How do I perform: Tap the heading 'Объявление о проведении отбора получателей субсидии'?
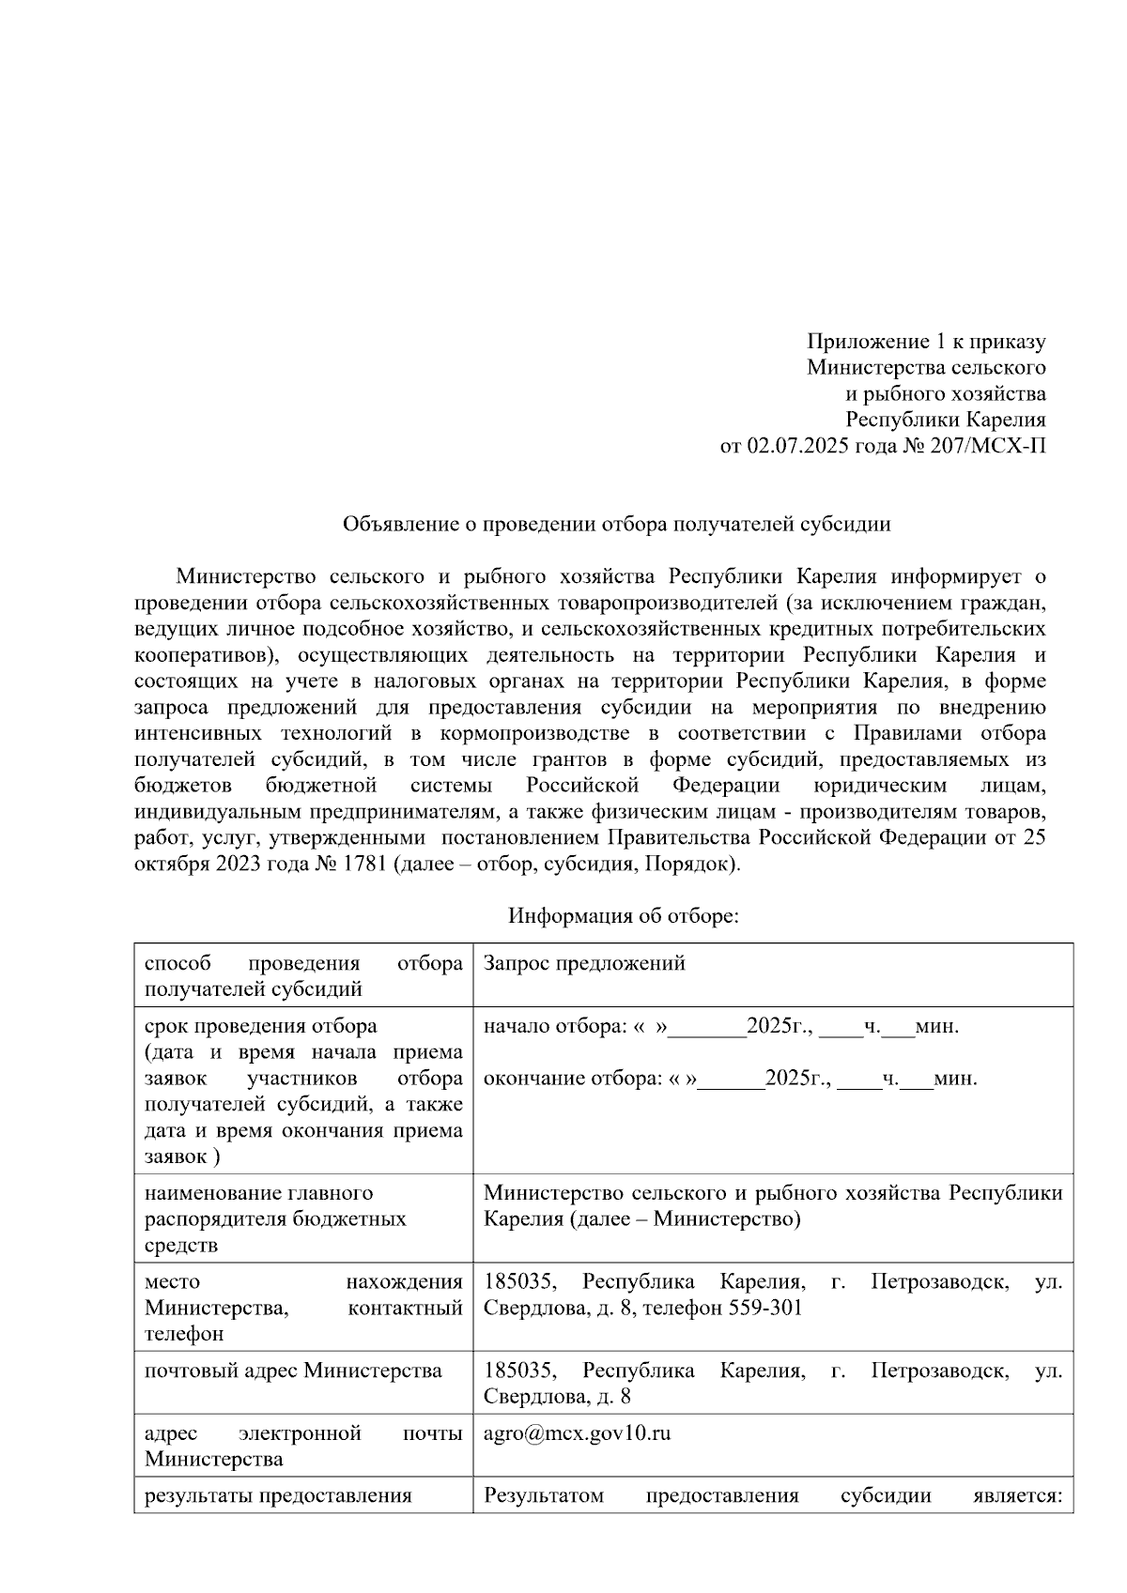(x=616, y=525)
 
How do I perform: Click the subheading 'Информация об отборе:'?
(x=624, y=915)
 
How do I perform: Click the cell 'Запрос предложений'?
(x=583, y=963)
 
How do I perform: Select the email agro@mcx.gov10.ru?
(x=577, y=1433)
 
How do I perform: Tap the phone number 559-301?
(x=764, y=1308)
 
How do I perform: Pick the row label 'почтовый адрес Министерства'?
(x=293, y=1371)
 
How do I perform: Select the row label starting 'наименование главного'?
(x=258, y=1193)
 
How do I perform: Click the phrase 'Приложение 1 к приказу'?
(x=926, y=342)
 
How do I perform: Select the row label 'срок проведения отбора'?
(x=260, y=1026)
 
